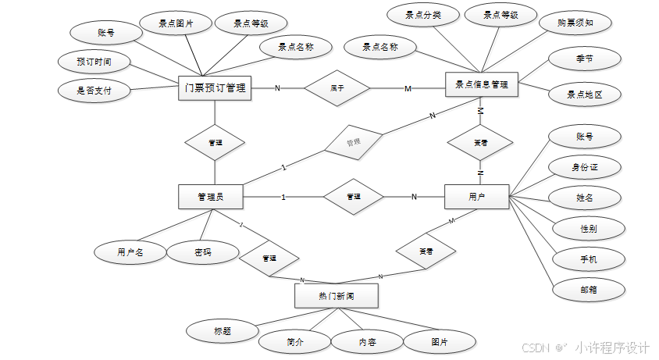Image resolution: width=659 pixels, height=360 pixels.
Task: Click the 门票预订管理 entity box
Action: [x=214, y=88]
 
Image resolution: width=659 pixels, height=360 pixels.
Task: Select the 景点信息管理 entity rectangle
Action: [x=481, y=85]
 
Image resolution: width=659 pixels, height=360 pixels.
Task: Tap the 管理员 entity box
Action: [x=211, y=197]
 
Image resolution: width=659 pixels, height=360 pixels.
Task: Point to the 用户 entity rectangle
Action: [x=476, y=197]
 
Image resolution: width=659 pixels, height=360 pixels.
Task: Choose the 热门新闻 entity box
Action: [x=336, y=296]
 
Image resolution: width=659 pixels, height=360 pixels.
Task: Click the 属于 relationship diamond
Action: [x=337, y=88]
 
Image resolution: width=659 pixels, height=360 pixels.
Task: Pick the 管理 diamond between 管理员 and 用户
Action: [x=354, y=197]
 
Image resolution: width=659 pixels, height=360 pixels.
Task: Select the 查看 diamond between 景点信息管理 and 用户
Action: [x=481, y=143]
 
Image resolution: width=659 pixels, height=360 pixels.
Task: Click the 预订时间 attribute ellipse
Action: [x=94, y=61]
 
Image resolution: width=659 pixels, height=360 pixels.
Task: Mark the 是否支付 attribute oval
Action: [x=94, y=91]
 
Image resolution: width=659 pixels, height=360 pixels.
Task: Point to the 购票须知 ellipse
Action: [x=576, y=23]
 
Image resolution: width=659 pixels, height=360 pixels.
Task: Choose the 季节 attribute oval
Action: [x=584, y=59]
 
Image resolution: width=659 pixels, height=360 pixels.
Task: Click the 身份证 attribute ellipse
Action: [x=585, y=166]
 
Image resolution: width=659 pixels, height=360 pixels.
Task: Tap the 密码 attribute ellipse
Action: [x=203, y=252]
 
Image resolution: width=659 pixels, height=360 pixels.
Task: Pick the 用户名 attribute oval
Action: [x=130, y=252]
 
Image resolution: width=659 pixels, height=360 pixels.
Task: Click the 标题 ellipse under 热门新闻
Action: [x=222, y=330]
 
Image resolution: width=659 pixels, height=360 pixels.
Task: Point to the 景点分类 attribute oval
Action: [x=423, y=15]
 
